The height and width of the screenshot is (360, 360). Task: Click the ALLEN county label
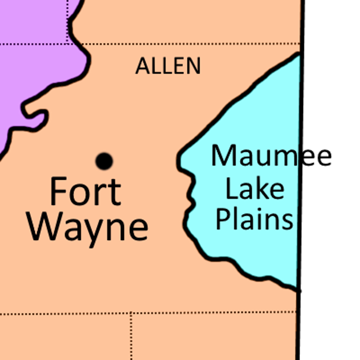[168, 66]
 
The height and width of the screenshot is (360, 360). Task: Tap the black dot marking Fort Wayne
[104, 161]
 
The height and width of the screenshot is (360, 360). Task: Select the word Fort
[85, 191]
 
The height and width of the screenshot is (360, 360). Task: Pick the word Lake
[255, 189]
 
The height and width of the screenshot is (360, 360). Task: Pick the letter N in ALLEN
[192, 66]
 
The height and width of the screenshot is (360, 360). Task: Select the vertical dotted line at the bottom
[131, 337]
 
